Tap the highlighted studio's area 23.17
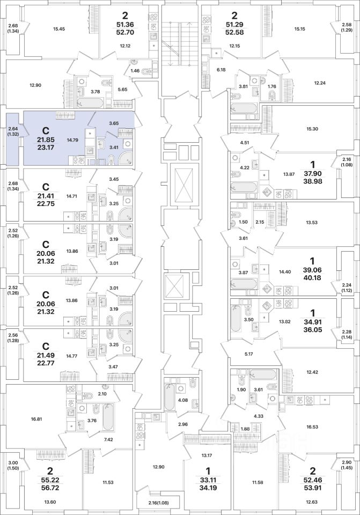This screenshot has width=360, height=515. pos(46,146)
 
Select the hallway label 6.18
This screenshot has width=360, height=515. pos(221,70)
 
